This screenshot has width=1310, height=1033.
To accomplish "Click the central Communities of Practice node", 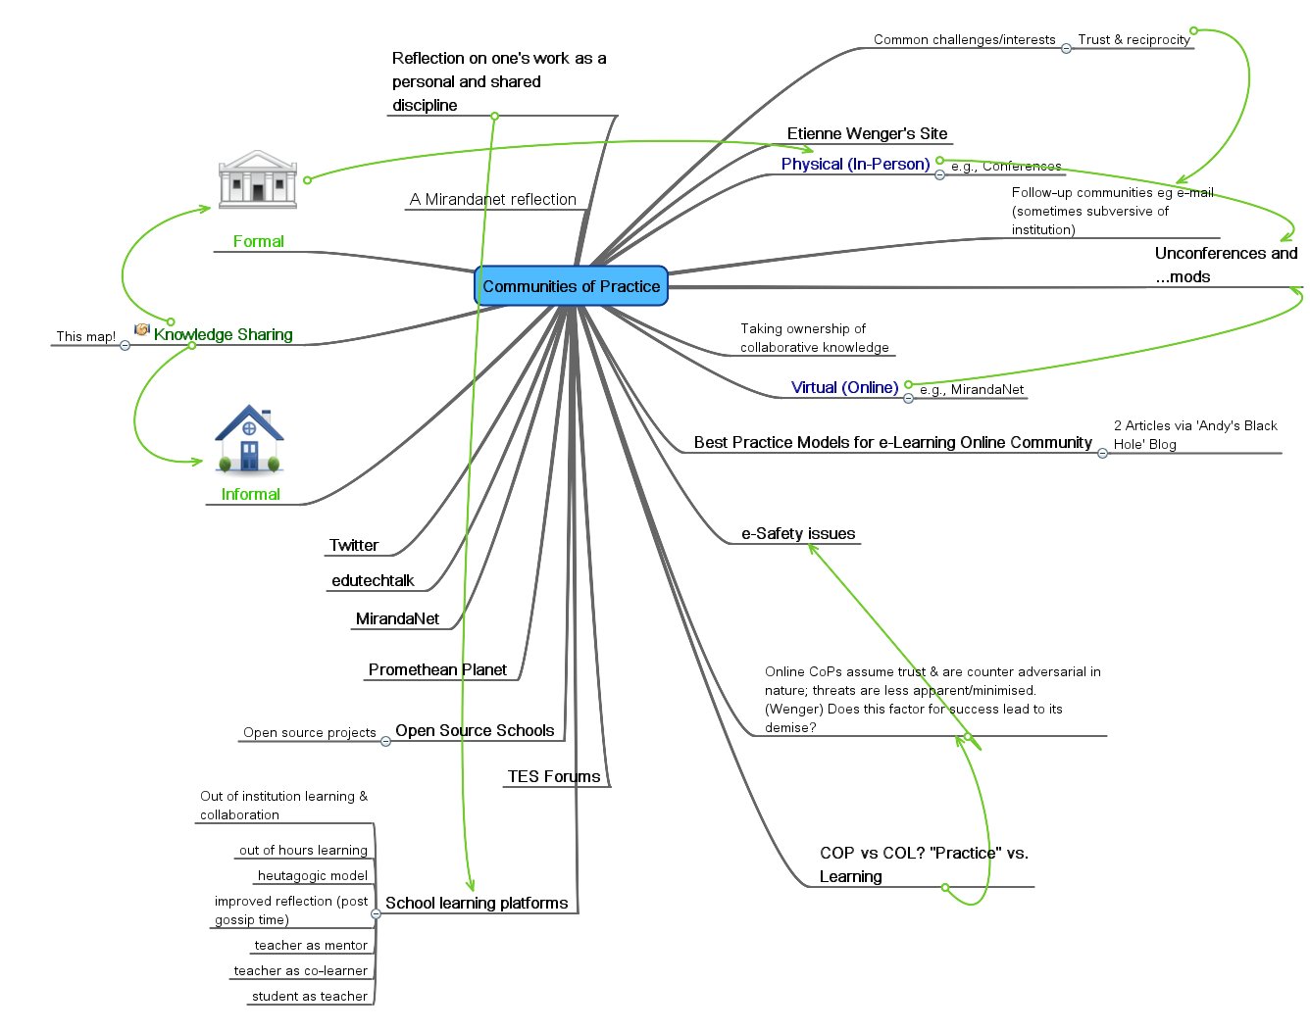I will pyautogui.click(x=571, y=286).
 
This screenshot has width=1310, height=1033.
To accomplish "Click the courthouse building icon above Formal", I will pyautogui.click(x=257, y=179).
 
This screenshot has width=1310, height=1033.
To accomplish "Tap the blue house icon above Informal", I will pyautogui.click(x=249, y=440).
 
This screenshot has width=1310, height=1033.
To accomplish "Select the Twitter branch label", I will pyautogui.click(x=354, y=545).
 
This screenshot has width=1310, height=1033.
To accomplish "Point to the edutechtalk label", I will pyautogui.click(x=373, y=580).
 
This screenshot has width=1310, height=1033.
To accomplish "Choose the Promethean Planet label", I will pyautogui.click(x=437, y=669).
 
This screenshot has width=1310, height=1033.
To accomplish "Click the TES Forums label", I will pyautogui.click(x=554, y=776).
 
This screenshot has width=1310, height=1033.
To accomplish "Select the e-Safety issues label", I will pyautogui.click(x=798, y=533).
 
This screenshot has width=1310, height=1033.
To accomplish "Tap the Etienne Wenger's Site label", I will pyautogui.click(x=867, y=133).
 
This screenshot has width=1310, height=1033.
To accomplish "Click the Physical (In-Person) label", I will pyautogui.click(x=855, y=164).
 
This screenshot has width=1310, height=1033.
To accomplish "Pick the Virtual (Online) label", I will pyautogui.click(x=844, y=387).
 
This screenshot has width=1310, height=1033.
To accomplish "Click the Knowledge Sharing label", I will pyautogui.click(x=223, y=334).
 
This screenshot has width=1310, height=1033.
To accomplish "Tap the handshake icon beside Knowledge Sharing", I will pyautogui.click(x=142, y=330).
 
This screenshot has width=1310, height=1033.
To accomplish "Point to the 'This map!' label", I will pyautogui.click(x=85, y=336).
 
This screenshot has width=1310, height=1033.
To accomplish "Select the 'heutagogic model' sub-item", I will pyautogui.click(x=312, y=875).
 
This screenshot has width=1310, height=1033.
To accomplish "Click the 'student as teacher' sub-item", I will pyautogui.click(x=309, y=996).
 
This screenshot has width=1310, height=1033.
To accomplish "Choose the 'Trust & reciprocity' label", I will pyautogui.click(x=1134, y=39).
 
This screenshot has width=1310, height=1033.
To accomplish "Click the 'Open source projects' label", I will pyautogui.click(x=309, y=732).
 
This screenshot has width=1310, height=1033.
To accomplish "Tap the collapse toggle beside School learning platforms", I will pyautogui.click(x=376, y=913).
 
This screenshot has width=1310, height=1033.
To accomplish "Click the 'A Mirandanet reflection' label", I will pyautogui.click(x=492, y=199).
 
